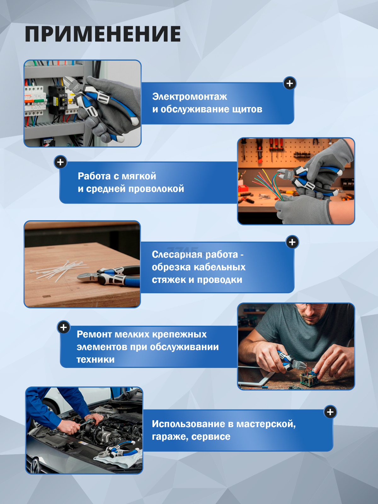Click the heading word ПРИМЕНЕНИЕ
pos(103,34)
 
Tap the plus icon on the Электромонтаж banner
pos(289,83)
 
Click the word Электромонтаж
pos(189,96)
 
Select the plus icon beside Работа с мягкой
pos(60,162)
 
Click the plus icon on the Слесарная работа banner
pos(292,242)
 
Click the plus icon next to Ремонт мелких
pos(64,327)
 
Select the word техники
pos(95,359)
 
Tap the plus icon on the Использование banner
pos(330,412)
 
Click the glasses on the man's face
pos(311,307)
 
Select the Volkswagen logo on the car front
pos(34,466)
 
